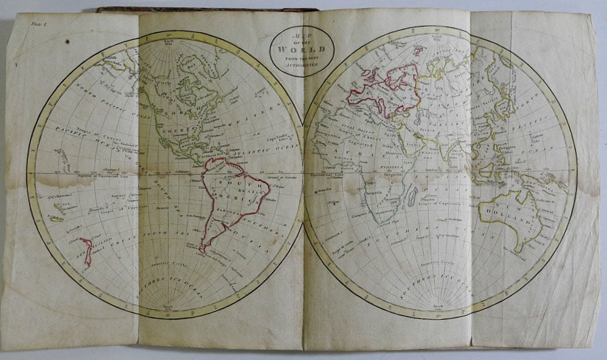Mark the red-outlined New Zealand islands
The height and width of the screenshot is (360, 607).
coord(87,251)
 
